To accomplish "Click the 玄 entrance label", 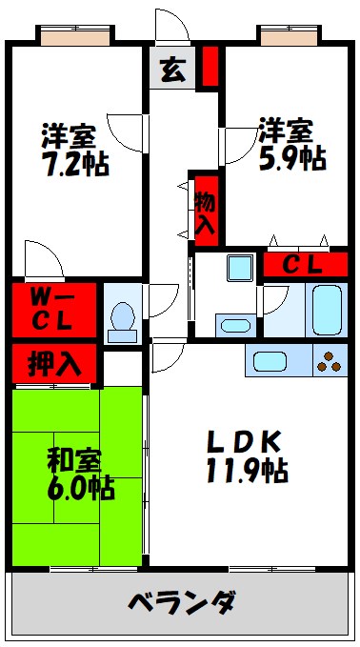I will coord(172,70).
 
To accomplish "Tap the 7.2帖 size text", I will coord(74,164).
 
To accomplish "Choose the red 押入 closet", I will coord(53,363).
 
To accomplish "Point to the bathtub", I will coord(326,308).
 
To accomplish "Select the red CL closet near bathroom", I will coord(305,264).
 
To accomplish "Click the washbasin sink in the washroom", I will coord(234,326).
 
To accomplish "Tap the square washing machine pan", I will coord(238,269).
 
